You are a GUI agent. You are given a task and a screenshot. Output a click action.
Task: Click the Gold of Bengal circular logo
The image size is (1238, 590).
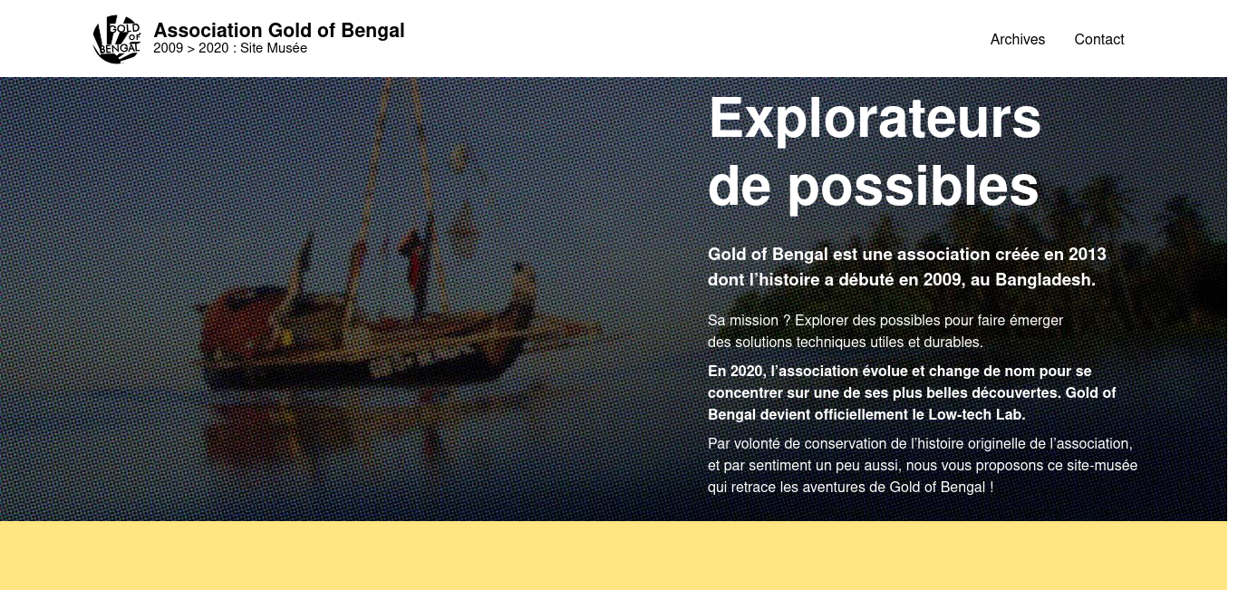tap(117, 39)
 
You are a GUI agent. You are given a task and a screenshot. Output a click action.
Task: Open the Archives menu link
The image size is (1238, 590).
tap(1017, 40)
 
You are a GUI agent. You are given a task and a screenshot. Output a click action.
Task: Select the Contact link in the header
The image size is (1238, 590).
tap(1098, 40)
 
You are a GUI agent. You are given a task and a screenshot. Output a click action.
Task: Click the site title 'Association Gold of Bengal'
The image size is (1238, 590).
tap(279, 31)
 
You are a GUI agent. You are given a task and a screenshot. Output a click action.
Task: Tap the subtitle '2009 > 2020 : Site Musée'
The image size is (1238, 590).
tap(230, 49)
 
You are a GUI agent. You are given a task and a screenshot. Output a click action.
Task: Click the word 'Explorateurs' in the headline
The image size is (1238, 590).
tap(875, 119)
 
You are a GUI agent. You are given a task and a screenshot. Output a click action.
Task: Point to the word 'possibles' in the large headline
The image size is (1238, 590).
tap(913, 188)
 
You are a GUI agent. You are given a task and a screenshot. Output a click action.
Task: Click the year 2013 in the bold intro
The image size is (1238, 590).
tap(1088, 254)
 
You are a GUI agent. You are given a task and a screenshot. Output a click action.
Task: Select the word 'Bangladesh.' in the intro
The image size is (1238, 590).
tap(1045, 279)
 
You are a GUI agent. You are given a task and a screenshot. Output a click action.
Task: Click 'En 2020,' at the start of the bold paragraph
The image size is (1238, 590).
tap(737, 372)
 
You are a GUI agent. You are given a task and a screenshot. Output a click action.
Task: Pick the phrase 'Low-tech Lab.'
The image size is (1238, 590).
tap(977, 415)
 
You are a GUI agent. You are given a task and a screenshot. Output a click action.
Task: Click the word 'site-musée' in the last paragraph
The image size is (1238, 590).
tap(1102, 466)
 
